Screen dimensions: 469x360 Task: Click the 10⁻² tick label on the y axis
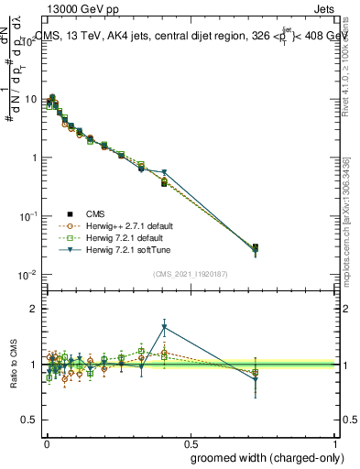pyautogui.click(x=28, y=275)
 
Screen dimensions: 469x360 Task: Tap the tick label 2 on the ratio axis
pyautogui.click(x=35, y=309)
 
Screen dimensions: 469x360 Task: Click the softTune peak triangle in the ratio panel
pyautogui.click(x=164, y=327)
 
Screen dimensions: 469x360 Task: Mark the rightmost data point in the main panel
pyautogui.click(x=256, y=248)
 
